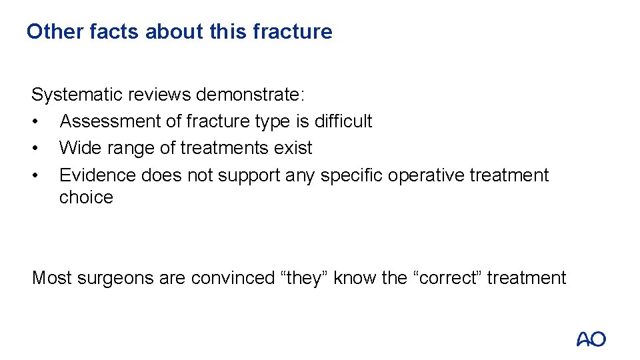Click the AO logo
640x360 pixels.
coord(591,339)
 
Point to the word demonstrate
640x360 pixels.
coord(250,95)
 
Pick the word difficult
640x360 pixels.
coord(343,121)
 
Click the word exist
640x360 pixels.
coord(295,148)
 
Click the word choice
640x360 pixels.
coord(86,197)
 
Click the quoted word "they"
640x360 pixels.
coord(304,277)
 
